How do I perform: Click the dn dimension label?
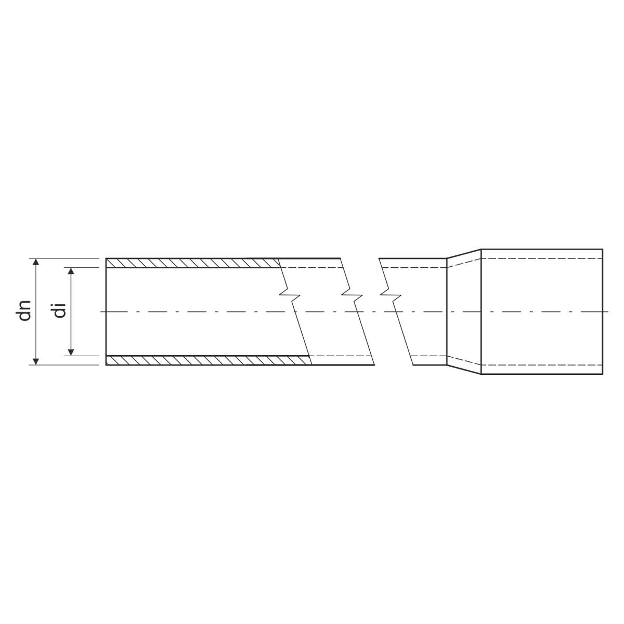pos(25,311)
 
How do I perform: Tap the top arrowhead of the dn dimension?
pos(36,262)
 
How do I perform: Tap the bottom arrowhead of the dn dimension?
pos(36,361)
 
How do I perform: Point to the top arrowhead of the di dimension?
pos(71,271)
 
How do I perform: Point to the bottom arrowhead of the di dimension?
pos(71,352)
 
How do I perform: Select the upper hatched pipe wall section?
pos(192,263)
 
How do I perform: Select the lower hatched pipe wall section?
pos(208,360)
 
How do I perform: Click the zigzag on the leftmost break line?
pos(290,295)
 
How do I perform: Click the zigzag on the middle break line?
pos(352,295)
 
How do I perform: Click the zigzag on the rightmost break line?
pos(391,295)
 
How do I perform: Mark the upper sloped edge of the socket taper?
pos(464,254)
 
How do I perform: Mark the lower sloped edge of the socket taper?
pos(464,370)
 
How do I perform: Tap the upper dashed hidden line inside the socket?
pos(541,258)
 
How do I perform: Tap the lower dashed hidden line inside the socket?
pos(541,365)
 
